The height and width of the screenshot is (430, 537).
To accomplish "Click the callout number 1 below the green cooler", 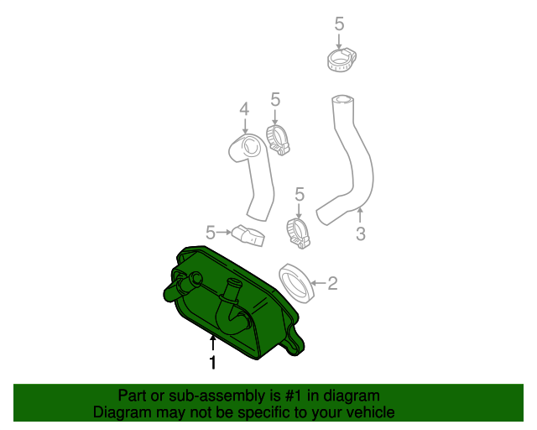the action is pyautogui.click(x=213, y=363).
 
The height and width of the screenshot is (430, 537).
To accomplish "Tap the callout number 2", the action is pyautogui.click(x=332, y=284).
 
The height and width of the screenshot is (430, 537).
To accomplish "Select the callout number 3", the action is pyautogui.click(x=360, y=234).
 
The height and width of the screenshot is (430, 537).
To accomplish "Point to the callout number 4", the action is pyautogui.click(x=244, y=109).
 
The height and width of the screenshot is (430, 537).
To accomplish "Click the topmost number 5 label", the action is pyautogui.click(x=339, y=24).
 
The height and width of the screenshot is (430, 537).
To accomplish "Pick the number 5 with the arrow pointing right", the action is pyautogui.click(x=211, y=231).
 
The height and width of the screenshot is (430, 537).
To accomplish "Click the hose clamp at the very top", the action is pyautogui.click(x=341, y=59).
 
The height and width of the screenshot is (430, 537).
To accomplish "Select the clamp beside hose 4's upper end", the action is pyautogui.click(x=278, y=138).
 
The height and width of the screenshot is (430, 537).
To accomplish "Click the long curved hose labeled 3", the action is pyautogui.click(x=352, y=160).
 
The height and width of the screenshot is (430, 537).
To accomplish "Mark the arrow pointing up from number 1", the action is pyautogui.click(x=213, y=343).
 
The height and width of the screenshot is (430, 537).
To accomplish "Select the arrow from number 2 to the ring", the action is pyautogui.click(x=316, y=283).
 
